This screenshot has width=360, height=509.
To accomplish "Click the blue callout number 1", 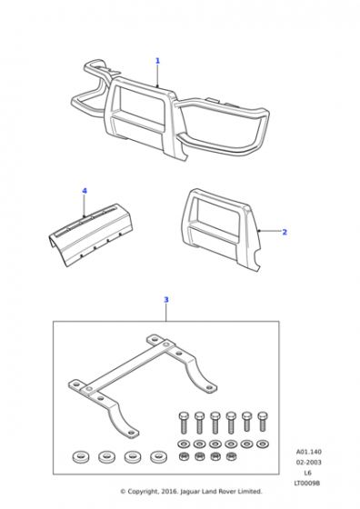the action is [x=158, y=61].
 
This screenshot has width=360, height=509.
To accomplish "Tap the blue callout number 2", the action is [x=285, y=232].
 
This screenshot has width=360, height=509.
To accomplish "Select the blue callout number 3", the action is [x=166, y=300].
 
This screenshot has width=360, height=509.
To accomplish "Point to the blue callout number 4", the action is [x=85, y=191].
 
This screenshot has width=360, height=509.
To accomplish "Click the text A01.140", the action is [x=309, y=452].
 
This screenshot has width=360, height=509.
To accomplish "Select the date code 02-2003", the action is [x=309, y=463].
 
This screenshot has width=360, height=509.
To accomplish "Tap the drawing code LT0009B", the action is [x=307, y=484].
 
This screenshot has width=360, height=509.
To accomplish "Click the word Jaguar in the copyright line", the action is [x=191, y=492].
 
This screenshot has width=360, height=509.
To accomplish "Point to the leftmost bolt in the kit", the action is [x=184, y=423].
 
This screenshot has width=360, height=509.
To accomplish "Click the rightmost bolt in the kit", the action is [x=263, y=422].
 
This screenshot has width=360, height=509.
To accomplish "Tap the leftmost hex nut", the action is [x=183, y=456].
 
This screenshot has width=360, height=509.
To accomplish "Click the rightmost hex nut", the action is [x=231, y=456].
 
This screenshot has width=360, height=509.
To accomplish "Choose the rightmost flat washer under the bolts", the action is [x=263, y=444].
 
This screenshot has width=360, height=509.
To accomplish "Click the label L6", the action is [x=308, y=473].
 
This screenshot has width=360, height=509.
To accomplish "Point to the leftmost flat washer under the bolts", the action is [x=184, y=444].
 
